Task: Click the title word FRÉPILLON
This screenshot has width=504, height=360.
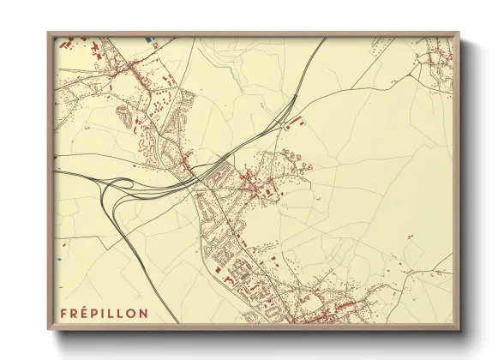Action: coord(104,312)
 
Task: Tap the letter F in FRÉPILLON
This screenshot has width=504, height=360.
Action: coord(64,312)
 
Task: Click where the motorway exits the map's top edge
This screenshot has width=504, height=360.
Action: coord(327,38)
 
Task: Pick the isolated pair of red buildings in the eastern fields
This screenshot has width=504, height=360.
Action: coord(410,236)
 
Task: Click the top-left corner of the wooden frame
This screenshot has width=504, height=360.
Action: coord(48,33)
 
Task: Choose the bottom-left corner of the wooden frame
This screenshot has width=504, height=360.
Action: coord(48,328)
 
